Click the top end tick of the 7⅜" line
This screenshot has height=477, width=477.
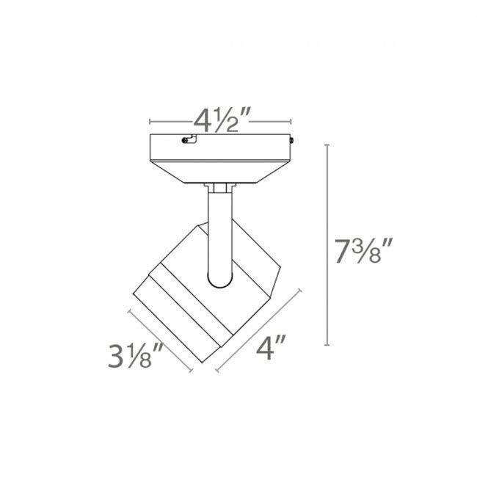tap(327, 146)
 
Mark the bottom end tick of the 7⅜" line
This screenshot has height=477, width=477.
tap(327, 345)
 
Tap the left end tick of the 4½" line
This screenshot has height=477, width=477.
tap(150, 121)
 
